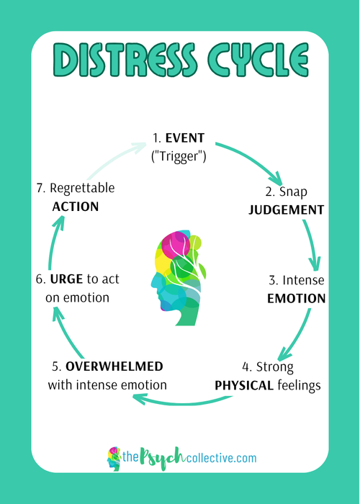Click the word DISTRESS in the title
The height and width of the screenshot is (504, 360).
click(x=125, y=60)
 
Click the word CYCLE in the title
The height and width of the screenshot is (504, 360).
click(x=258, y=60)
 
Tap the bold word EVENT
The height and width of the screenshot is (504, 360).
click(x=185, y=138)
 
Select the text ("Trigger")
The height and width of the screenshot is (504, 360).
click(x=179, y=156)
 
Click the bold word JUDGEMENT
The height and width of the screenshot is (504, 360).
click(x=287, y=210)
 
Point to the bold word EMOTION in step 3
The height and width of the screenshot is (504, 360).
click(x=297, y=299)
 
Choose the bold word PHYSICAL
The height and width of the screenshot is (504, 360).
click(x=244, y=385)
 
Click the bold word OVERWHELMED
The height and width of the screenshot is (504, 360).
click(x=114, y=366)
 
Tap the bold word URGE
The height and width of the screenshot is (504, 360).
click(x=66, y=279)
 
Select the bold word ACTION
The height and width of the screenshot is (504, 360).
click(x=76, y=207)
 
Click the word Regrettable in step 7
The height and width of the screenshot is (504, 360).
click(x=82, y=189)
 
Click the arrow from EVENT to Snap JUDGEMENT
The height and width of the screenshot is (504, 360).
click(x=254, y=160)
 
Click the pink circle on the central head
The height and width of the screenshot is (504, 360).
click(x=176, y=245)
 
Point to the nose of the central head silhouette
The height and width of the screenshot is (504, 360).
click(x=153, y=284)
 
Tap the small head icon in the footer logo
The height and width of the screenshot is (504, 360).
click(x=114, y=459)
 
